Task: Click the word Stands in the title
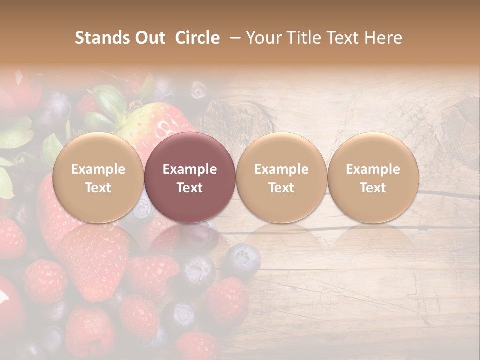tap(101, 38)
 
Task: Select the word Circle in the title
tap(197, 38)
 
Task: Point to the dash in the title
tap(235, 38)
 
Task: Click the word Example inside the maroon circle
tap(190, 170)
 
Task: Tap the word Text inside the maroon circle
tap(190, 188)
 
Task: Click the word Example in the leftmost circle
tap(98, 170)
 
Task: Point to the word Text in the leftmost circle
tap(98, 188)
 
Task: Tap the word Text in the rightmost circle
tap(373, 188)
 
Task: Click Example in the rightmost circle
tap(373, 170)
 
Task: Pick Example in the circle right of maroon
tap(281, 170)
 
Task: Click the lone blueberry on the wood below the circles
tap(242, 260)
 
